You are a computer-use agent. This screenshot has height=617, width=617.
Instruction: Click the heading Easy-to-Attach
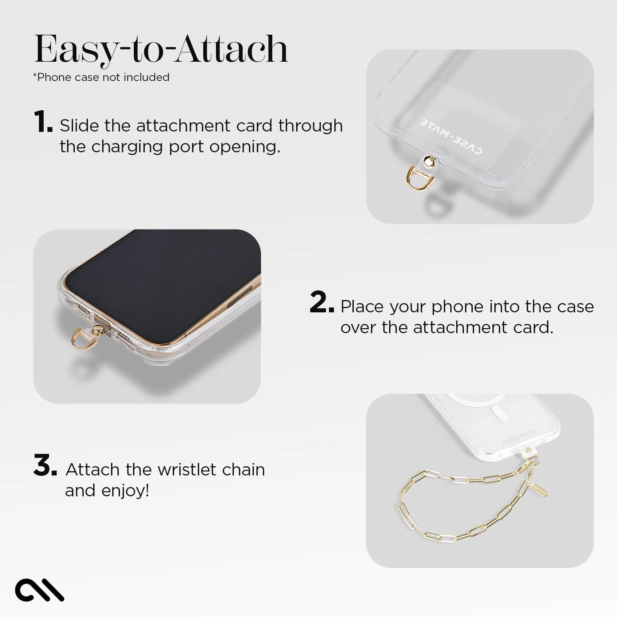tap(161, 49)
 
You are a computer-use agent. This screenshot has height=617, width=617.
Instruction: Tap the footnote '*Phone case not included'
tap(101, 77)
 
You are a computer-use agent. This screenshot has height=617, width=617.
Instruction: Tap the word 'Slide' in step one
tap(79, 126)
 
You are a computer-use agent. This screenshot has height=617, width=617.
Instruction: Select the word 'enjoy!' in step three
tap(125, 491)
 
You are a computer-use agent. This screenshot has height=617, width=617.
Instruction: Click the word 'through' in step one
tap(310, 126)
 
